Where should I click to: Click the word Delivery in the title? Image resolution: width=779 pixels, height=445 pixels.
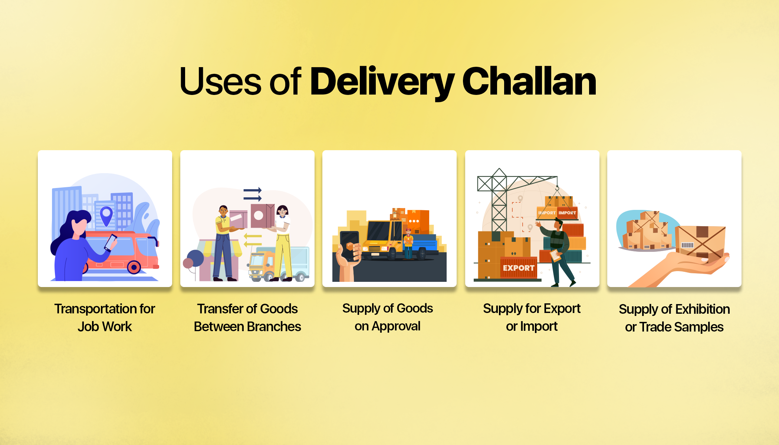point(382,82)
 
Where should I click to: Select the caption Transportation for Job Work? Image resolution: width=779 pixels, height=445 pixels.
point(105,317)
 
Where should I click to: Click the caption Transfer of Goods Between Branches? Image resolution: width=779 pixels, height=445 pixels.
point(247,317)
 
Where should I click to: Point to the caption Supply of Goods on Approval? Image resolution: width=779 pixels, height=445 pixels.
point(388,317)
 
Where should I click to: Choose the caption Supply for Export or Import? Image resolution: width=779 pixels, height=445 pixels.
point(532,317)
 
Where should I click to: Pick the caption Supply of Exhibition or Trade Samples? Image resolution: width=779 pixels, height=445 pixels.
point(674,318)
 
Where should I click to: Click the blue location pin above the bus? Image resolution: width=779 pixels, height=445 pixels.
point(106,215)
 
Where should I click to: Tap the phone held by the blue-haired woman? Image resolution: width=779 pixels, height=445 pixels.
point(111,242)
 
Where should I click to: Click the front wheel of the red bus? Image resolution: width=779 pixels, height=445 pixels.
point(134,267)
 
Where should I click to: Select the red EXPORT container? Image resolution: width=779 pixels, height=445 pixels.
point(519,268)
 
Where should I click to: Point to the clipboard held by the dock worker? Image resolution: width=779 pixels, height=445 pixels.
point(556,256)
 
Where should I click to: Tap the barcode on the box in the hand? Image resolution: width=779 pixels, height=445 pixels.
point(687,245)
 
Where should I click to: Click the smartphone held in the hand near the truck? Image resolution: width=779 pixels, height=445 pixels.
point(349,245)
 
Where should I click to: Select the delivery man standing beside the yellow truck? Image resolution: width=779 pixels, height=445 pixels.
point(408,244)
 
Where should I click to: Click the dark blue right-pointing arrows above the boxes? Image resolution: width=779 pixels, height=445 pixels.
point(253,194)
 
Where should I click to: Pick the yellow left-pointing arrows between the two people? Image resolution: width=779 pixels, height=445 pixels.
point(253,240)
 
